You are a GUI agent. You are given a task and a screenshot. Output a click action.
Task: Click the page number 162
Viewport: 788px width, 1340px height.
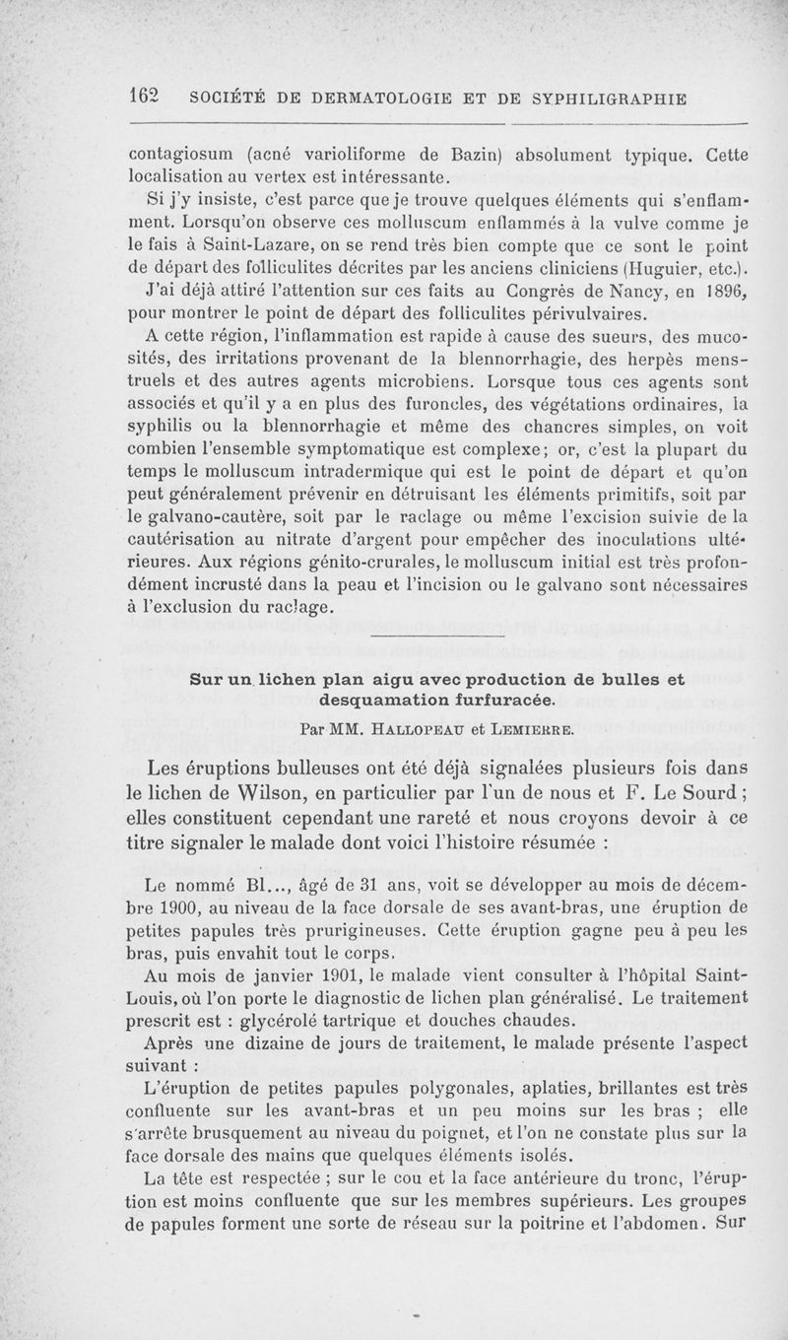click(x=144, y=98)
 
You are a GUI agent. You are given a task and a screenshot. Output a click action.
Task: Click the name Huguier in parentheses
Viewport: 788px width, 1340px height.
click(x=663, y=268)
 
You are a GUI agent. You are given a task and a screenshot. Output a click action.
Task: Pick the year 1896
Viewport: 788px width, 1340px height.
click(x=723, y=292)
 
